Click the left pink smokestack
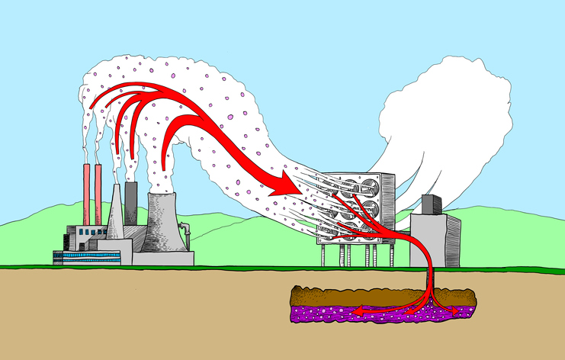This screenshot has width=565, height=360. tap(86, 194)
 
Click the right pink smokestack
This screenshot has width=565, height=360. tap(98, 194)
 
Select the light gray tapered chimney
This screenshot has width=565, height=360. tap(115, 217)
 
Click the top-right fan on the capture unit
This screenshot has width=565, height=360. tap(371, 185)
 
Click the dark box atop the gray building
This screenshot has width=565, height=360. tap(432, 204)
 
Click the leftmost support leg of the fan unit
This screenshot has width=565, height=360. tap(323, 255)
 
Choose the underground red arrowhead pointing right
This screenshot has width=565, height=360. tap(455, 311)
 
